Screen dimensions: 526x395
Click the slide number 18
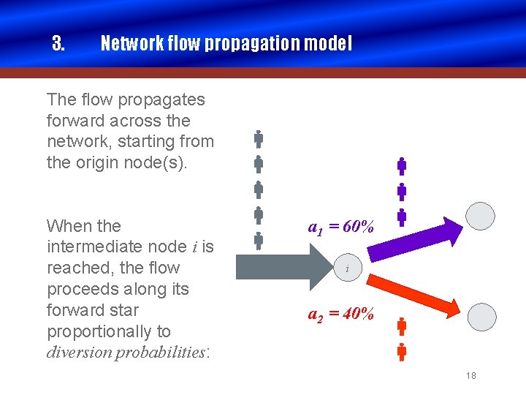[x=470, y=375]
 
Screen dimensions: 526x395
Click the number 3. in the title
[x=58, y=44]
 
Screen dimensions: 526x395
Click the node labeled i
[x=347, y=269]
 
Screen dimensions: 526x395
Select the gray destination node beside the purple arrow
[x=481, y=216]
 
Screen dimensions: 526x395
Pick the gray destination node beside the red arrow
[x=481, y=316]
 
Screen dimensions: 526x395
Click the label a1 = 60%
[x=340, y=227]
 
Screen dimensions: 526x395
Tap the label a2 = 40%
[x=340, y=315]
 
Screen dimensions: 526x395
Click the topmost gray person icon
[x=259, y=138]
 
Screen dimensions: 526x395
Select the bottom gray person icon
[x=259, y=241]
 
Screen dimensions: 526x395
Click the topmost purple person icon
[x=402, y=166]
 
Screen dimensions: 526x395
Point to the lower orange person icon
[x=402, y=352]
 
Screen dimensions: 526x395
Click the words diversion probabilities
[x=127, y=352]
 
